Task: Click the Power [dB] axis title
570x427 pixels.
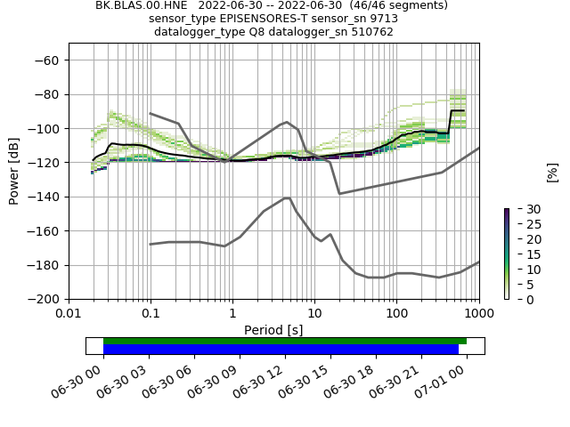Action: (14, 171)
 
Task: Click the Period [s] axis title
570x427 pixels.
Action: (273, 330)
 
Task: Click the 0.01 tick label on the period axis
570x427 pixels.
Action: (69, 314)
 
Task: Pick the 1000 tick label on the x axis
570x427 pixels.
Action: (478, 314)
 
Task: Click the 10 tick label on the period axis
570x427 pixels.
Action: (314, 314)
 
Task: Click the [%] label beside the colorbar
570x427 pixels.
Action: (552, 171)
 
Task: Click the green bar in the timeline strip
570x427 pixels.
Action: (285, 341)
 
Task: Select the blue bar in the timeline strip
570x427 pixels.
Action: (281, 350)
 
